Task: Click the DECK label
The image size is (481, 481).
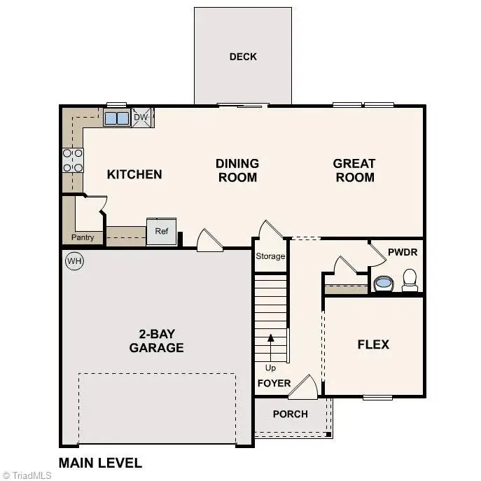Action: (x=243, y=57)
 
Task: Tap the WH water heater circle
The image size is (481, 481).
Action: (x=74, y=262)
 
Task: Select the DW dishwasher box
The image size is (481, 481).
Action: (x=141, y=118)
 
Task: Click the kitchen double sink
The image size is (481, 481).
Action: (x=117, y=118)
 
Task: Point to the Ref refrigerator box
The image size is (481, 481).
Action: (x=161, y=232)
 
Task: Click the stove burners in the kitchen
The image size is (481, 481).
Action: (x=73, y=160)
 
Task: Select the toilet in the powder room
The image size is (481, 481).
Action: (x=410, y=280)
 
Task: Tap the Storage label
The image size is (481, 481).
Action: (x=270, y=256)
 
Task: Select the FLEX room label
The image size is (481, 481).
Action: (x=373, y=344)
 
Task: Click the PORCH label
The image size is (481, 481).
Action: (x=290, y=414)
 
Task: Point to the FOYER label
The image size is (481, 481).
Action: (x=274, y=383)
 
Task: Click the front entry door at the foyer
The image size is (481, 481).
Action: (x=304, y=387)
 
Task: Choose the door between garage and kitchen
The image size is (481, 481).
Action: (x=209, y=241)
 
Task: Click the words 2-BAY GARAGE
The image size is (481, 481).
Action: (x=156, y=341)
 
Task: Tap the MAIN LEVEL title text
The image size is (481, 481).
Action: (x=100, y=463)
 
